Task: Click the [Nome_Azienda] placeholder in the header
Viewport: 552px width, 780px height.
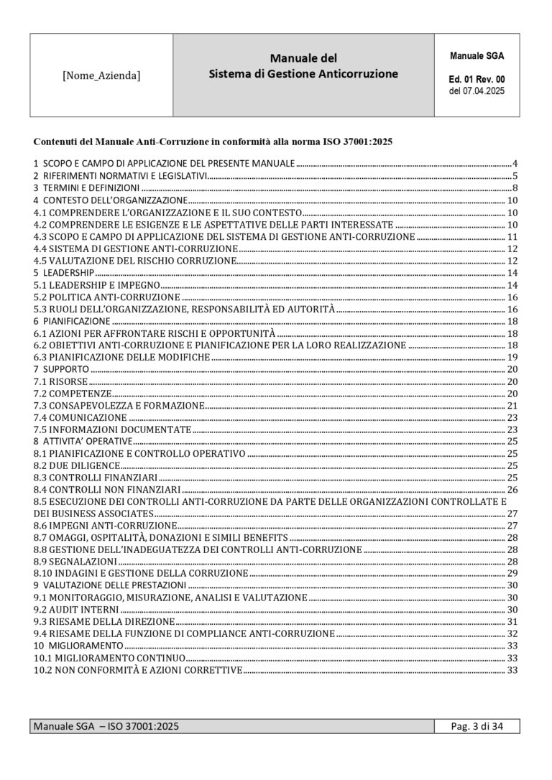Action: (x=101, y=75)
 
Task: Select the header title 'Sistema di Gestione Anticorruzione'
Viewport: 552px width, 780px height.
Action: (x=303, y=73)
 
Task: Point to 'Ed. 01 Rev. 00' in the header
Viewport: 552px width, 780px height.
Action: (x=477, y=79)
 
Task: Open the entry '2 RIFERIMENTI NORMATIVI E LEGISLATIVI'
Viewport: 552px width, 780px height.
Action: (x=120, y=176)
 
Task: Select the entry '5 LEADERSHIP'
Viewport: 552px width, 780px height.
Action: (x=64, y=274)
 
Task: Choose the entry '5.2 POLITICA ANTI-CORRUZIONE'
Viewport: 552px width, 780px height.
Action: (x=107, y=297)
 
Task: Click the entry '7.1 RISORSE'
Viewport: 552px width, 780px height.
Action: (x=61, y=381)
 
